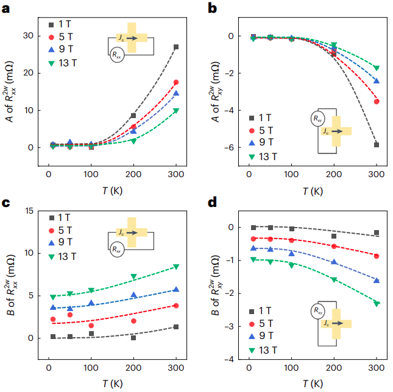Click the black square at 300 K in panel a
coord(176,47)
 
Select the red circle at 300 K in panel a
coord(176,82)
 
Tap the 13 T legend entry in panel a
coord(71,63)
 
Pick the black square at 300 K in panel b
coord(377,145)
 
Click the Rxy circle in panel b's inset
coord(317,118)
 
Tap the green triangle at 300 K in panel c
coord(176,267)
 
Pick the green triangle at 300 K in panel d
coord(377,303)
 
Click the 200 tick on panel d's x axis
coord(334,370)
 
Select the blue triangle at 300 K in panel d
coord(377,281)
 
